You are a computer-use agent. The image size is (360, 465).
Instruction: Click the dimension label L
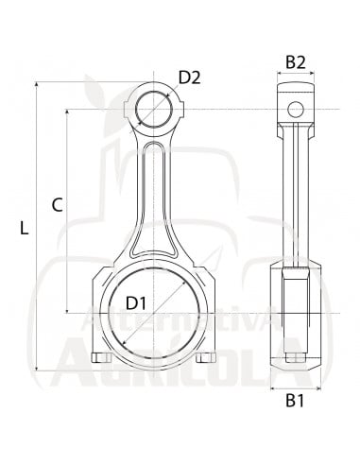[25, 228]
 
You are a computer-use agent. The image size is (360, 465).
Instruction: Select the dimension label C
[57, 204]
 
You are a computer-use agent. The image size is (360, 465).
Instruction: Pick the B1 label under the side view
[295, 401]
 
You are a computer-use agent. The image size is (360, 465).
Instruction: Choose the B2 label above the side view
[295, 62]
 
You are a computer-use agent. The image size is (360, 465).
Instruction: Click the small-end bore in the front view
[151, 111]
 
